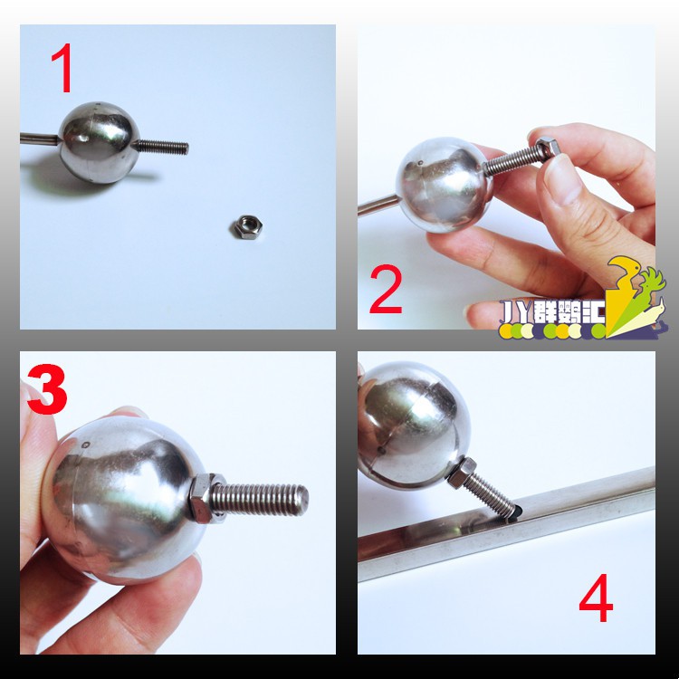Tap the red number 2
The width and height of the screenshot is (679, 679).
pyautogui.click(x=386, y=289)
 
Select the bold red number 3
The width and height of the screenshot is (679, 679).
pyautogui.click(x=47, y=389)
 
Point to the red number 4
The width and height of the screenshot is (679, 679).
pyautogui.click(x=597, y=598)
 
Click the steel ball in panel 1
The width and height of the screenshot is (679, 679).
pyautogui.click(x=100, y=142)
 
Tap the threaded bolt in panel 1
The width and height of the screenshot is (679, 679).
pyautogui.click(x=161, y=147)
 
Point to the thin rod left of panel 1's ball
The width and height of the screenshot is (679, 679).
pyautogui.click(x=40, y=139)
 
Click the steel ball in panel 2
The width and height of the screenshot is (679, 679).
pyautogui.click(x=444, y=185)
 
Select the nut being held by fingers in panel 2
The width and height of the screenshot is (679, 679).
pyautogui.click(x=548, y=148)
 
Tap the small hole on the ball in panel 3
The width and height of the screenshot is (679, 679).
pyautogui.click(x=86, y=445)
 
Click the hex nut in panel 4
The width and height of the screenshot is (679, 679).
pyautogui.click(x=462, y=473)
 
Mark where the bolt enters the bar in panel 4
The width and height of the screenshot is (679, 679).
pyautogui.click(x=513, y=513)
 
